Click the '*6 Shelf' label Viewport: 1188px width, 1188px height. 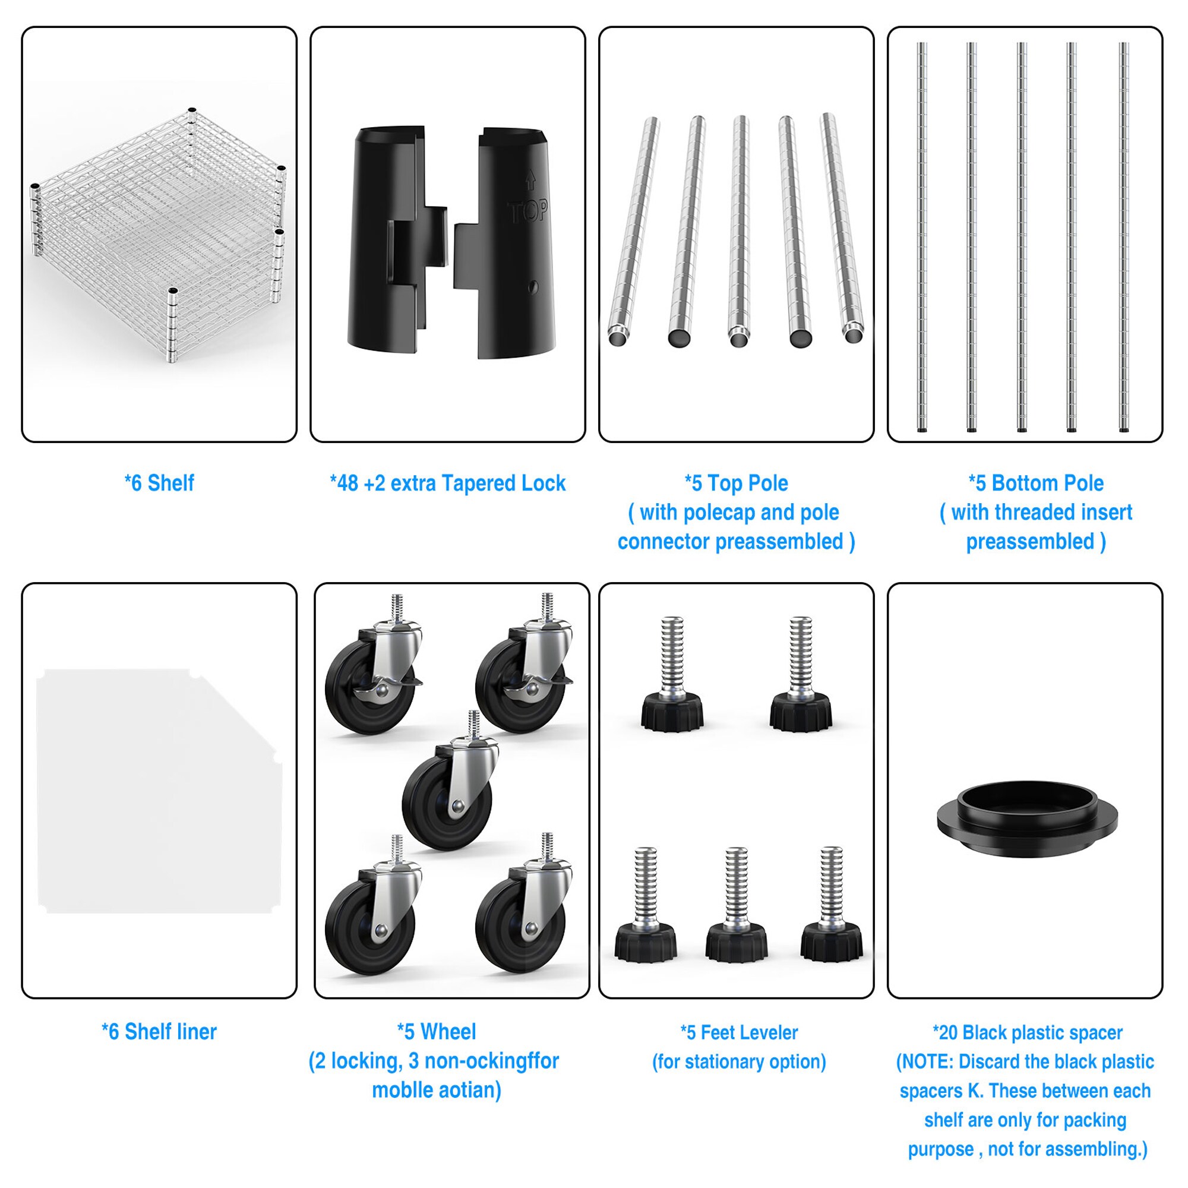point(159,484)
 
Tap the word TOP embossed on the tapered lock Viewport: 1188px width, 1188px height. point(528,211)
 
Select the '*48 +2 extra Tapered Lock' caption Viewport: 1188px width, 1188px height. point(448,484)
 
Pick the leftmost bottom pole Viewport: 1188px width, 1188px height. point(922,238)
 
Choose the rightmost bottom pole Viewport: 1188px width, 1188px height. point(1124,238)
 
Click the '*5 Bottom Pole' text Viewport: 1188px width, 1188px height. point(1036,484)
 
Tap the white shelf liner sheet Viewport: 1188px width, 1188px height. point(159,791)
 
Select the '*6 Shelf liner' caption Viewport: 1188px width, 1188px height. point(159,1032)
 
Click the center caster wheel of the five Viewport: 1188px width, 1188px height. point(451,781)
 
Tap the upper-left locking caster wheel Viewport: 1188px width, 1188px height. point(374,663)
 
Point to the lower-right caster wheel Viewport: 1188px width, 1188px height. point(524,903)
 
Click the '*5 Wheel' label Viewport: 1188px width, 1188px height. point(437,1032)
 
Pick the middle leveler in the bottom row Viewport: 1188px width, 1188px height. point(736,905)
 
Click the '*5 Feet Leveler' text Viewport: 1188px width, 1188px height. point(739,1032)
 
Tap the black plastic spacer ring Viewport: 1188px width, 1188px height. point(1028,818)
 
